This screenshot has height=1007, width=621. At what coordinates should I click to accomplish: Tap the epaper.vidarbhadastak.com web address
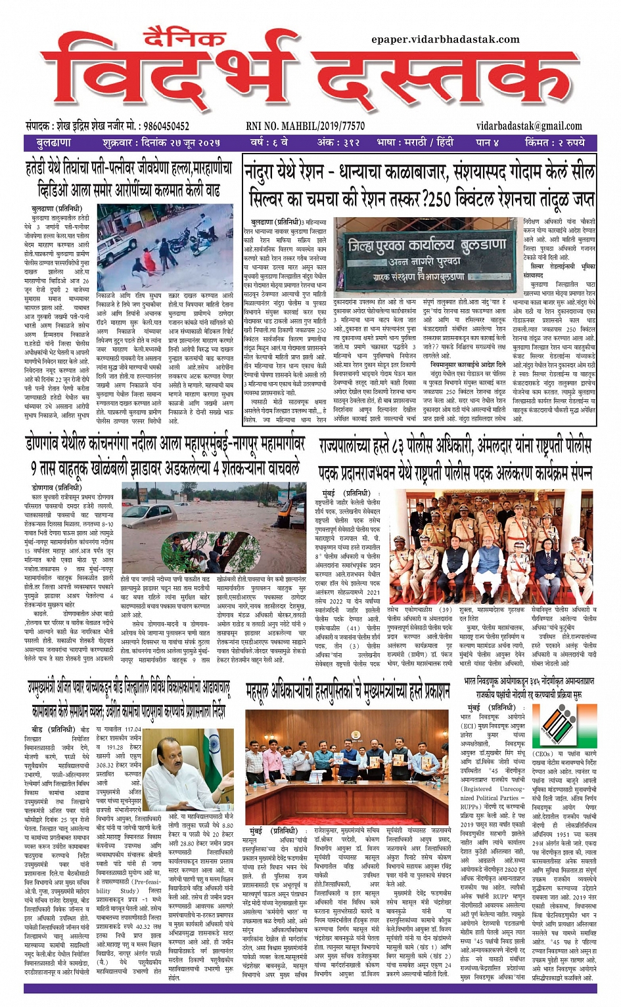click(446, 39)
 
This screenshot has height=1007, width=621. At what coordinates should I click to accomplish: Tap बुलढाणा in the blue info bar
click(54, 142)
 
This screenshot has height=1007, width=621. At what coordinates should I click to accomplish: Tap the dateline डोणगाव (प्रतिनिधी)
click(57, 488)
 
